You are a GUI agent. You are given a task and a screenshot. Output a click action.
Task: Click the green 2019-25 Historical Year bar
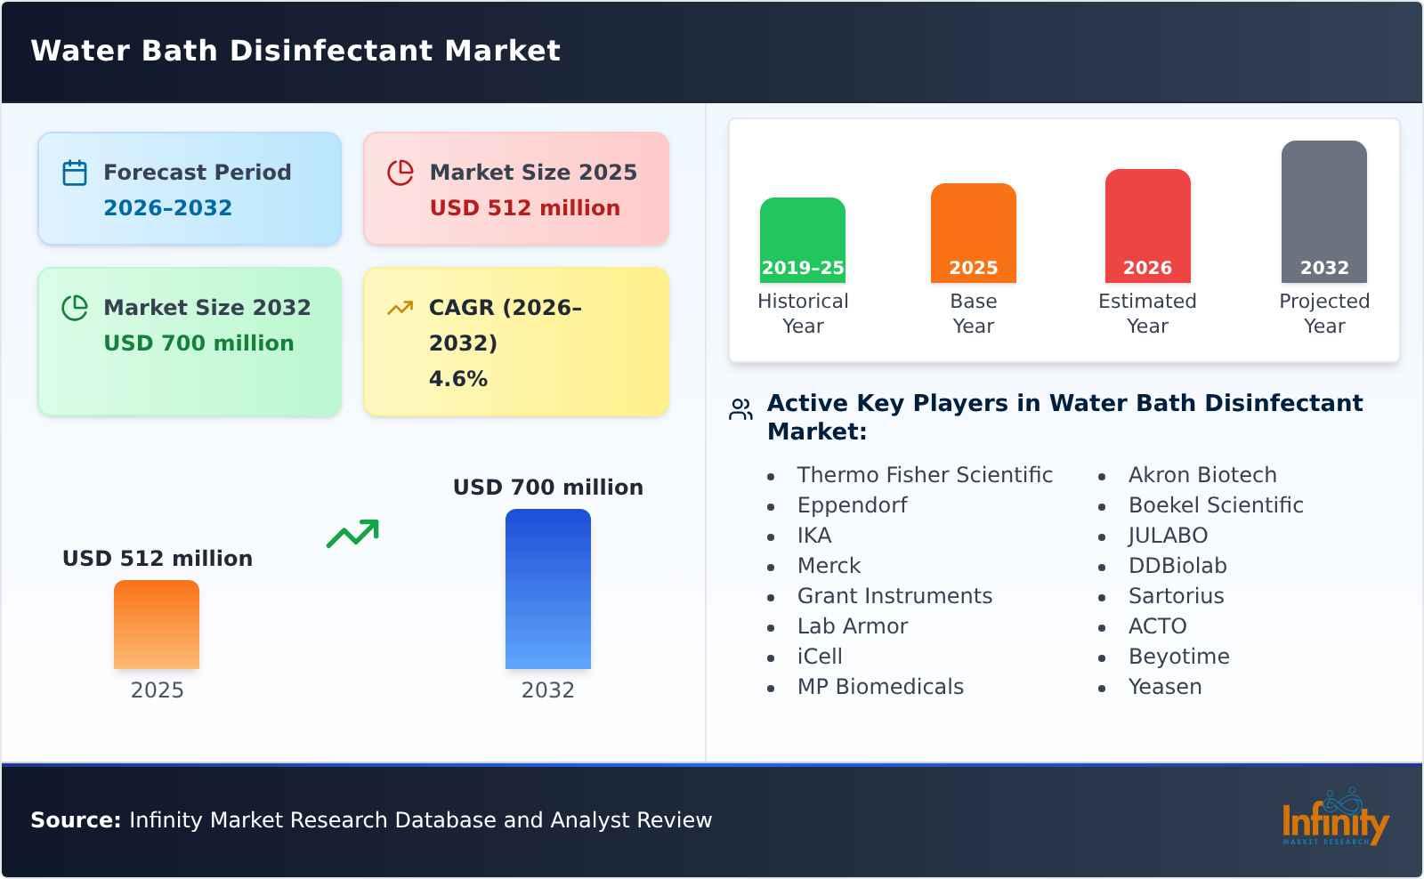pos(802,240)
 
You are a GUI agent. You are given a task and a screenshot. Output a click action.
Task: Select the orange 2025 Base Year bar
pos(973,233)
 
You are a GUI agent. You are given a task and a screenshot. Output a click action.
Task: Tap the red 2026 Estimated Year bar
pos(1147,226)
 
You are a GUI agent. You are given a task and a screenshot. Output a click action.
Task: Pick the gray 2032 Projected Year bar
pos(1323,212)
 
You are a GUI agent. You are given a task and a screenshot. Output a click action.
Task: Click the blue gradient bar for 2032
pos(547,589)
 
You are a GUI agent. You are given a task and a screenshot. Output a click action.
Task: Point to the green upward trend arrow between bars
pos(352,534)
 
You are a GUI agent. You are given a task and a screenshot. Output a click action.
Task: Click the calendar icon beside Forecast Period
pos(75,173)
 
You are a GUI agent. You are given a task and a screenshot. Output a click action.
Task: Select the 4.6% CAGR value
pos(457,379)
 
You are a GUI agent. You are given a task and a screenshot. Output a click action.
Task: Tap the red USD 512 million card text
pos(524,208)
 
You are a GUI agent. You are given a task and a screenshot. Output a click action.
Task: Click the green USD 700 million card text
pos(198,343)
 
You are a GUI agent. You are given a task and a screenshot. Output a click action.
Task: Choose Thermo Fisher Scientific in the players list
pos(924,475)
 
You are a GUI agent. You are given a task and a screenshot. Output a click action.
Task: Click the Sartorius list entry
pos(1176,596)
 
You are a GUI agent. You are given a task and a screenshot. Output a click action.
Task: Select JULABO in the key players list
pos(1168,536)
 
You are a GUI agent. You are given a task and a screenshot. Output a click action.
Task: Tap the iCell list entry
pos(819,657)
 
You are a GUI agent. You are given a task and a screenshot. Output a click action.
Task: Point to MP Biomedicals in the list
pos(879,687)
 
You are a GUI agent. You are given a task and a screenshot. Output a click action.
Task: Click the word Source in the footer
pos(75,820)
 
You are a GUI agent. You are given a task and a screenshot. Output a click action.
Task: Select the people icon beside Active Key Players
pos(740,409)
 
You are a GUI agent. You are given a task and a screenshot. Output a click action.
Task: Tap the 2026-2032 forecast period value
pos(167,208)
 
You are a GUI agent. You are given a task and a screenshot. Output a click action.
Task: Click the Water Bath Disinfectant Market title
pos(295,51)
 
